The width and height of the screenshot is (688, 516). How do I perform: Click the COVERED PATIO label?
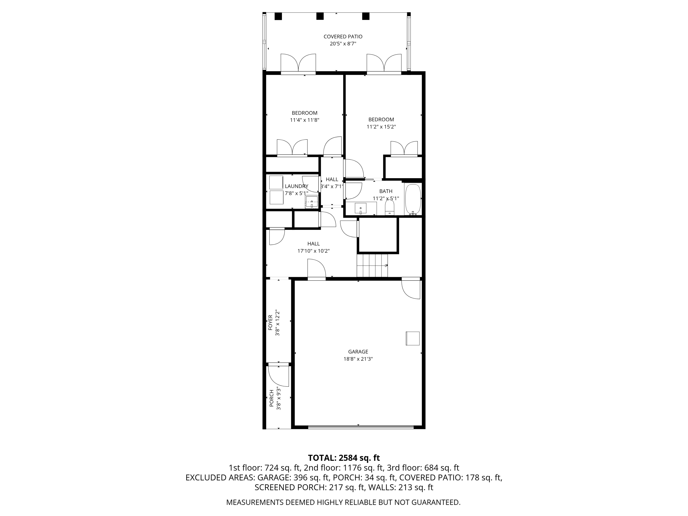point(343,37)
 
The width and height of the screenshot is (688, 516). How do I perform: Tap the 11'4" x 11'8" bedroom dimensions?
point(305,120)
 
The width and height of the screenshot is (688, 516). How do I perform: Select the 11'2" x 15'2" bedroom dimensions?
point(381,127)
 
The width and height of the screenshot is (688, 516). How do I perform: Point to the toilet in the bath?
point(389,208)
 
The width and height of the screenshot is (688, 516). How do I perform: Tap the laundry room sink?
point(312,202)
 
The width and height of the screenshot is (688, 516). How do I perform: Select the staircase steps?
point(372,265)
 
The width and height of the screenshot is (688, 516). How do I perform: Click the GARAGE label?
point(358,352)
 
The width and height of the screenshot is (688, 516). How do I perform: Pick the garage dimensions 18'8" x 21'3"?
point(358,359)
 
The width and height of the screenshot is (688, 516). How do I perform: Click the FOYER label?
point(270,322)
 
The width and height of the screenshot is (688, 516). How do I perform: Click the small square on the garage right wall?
point(412,338)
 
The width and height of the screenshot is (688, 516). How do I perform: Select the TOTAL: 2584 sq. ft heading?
point(344,458)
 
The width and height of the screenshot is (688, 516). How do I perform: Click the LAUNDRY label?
point(296,186)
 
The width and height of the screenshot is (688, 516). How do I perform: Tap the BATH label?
point(386,191)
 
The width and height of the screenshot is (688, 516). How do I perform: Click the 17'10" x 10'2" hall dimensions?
point(313,251)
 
